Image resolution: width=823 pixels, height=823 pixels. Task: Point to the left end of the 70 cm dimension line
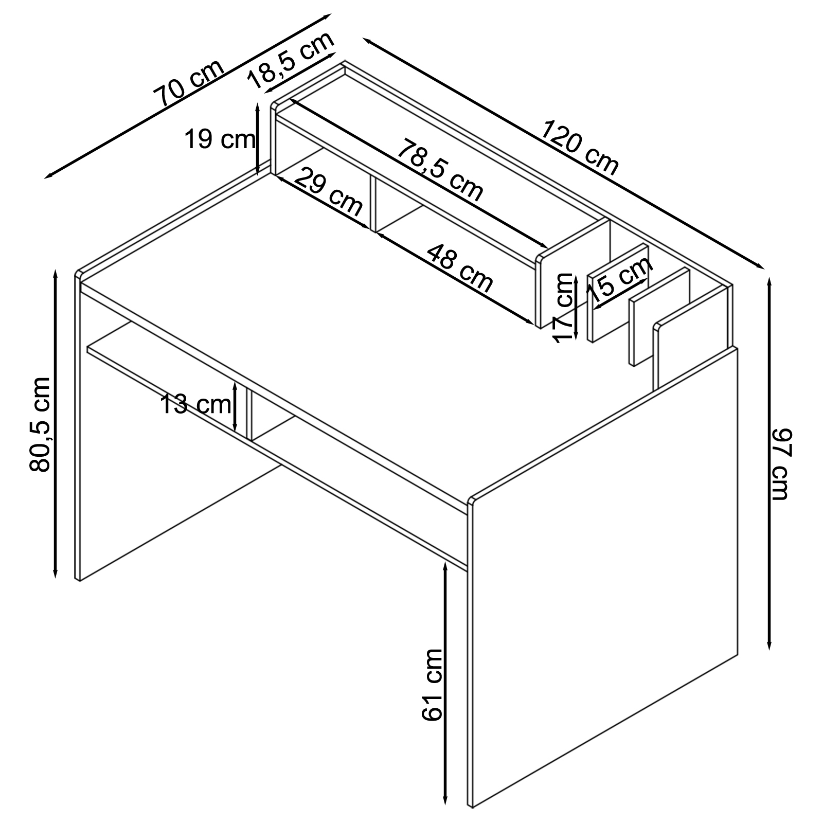tap(45, 178)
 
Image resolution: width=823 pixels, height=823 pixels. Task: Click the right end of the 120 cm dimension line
tap(763, 268)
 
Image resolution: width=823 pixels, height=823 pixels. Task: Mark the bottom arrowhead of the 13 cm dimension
tap(235, 431)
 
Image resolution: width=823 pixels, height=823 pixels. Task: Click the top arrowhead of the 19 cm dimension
tap(257, 103)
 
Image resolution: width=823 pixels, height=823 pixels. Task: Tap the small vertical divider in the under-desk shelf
tap(250, 415)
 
